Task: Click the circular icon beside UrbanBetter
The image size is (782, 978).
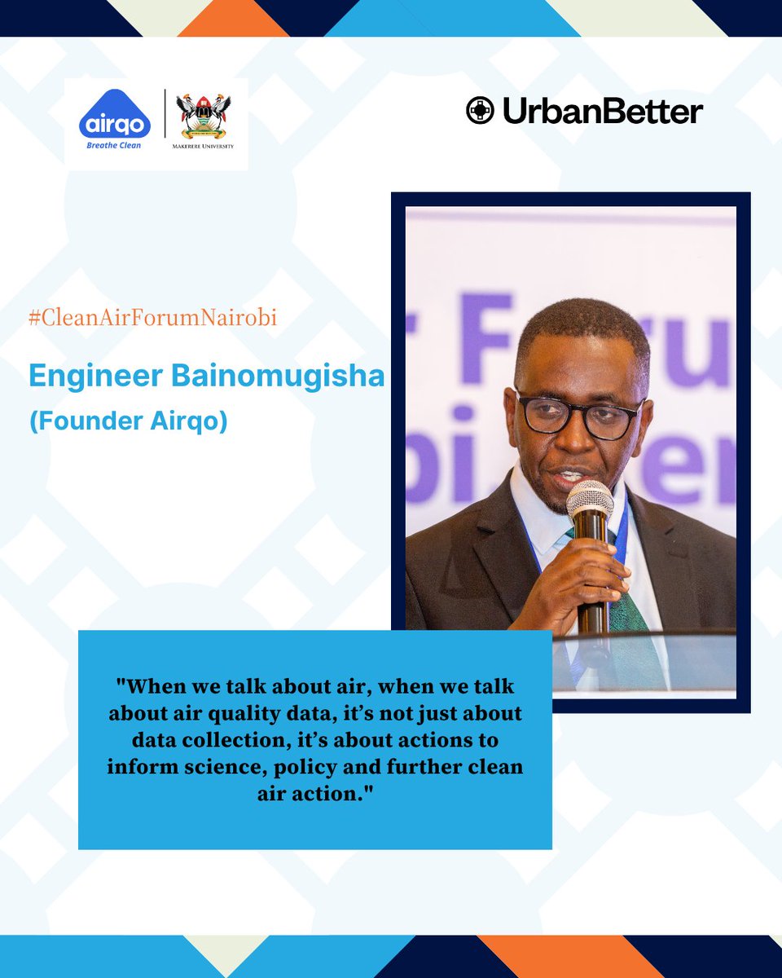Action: (480, 110)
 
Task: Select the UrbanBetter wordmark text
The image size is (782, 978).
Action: (602, 111)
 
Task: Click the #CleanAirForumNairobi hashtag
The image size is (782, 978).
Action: (152, 318)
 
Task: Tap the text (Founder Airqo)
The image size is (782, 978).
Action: (128, 424)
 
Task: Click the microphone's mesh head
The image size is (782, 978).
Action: (589, 499)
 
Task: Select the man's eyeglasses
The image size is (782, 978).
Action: (578, 415)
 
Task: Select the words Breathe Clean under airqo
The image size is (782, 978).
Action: (115, 146)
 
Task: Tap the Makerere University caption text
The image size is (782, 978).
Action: (204, 147)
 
